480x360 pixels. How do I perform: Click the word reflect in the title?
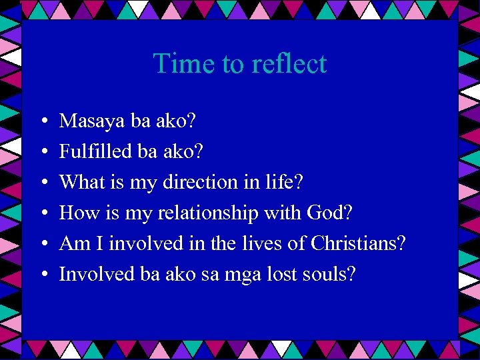click(x=289, y=64)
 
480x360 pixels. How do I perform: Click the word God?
click(x=329, y=213)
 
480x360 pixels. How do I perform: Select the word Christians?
click(x=358, y=243)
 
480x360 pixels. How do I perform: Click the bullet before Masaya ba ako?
click(x=43, y=122)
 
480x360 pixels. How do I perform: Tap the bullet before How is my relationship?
click(x=43, y=214)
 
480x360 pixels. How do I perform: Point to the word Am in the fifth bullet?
click(x=71, y=243)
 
